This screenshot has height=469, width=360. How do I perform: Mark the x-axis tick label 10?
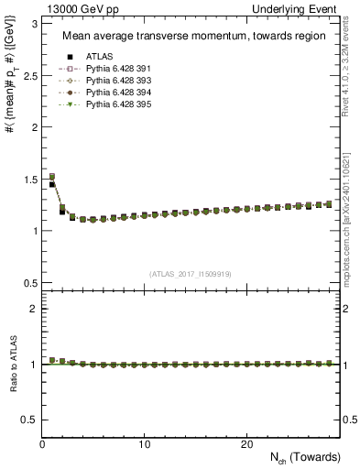tap(144, 444)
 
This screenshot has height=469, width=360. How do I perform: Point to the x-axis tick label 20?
tap(246, 444)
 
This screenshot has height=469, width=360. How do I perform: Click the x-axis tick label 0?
tap(42, 444)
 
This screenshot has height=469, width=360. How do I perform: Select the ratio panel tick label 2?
tap(33, 309)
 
